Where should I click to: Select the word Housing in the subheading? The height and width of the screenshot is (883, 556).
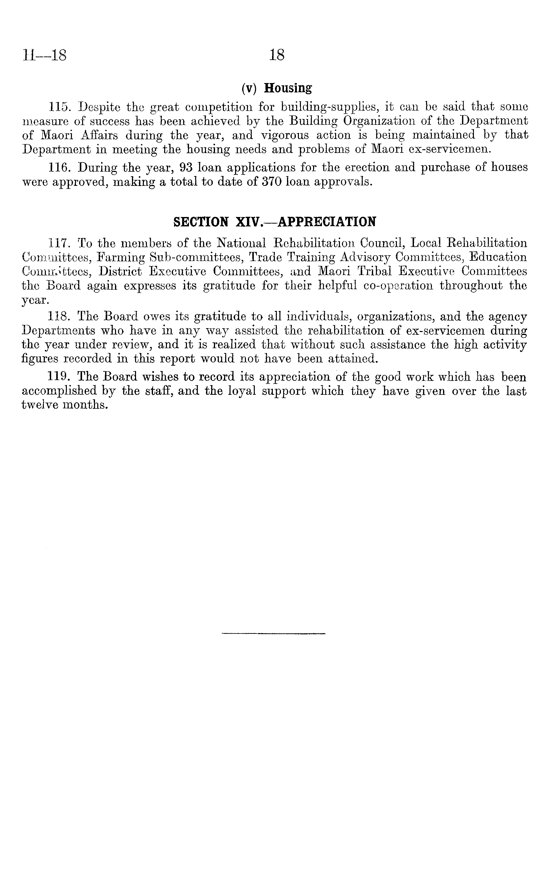(x=288, y=88)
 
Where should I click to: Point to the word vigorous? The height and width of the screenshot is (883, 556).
(x=285, y=135)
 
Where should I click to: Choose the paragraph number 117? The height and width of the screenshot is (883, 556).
(x=59, y=243)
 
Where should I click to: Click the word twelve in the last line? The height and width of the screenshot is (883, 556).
(x=38, y=405)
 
